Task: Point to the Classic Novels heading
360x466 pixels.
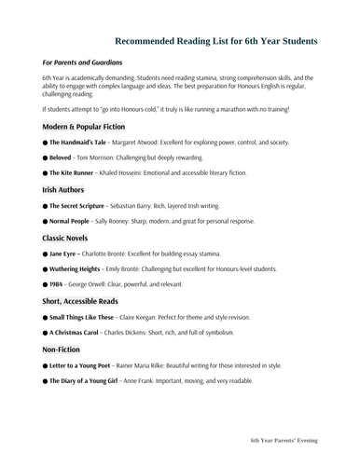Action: pyautogui.click(x=72, y=238)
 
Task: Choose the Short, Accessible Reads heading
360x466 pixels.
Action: pyautogui.click(x=91, y=301)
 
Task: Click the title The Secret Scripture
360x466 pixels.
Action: pyautogui.click(x=83, y=205)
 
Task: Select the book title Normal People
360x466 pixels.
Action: pyautogui.click(x=75, y=221)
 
